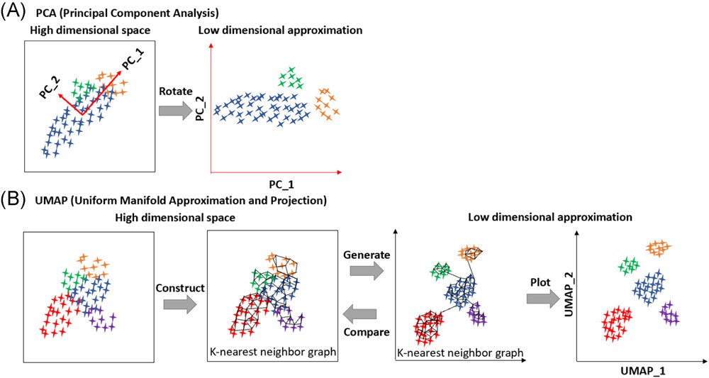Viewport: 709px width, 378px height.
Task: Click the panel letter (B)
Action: pyautogui.click(x=13, y=199)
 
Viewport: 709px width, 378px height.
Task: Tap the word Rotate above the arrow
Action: pyautogui.click(x=176, y=91)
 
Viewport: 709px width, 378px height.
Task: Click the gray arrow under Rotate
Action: pyautogui.click(x=176, y=111)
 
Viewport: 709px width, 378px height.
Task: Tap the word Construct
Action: pyautogui.click(x=180, y=287)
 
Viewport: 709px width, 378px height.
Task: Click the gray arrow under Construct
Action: pyautogui.click(x=180, y=305)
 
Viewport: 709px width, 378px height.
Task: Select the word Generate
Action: pyautogui.click(x=367, y=255)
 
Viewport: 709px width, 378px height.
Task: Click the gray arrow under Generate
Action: pyautogui.click(x=367, y=272)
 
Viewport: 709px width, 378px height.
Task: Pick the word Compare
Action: pyautogui.click(x=367, y=333)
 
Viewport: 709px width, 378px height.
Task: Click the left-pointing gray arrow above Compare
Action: pyautogui.click(x=360, y=313)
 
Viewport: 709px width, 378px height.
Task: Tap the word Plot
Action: pyautogui.click(x=540, y=282)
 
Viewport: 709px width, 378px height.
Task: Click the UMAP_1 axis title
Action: pyautogui.click(x=643, y=371)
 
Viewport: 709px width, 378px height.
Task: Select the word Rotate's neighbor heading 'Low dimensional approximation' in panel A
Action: pyautogui.click(x=280, y=30)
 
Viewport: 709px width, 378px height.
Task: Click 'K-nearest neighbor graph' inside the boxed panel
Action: pyautogui.click(x=273, y=352)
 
